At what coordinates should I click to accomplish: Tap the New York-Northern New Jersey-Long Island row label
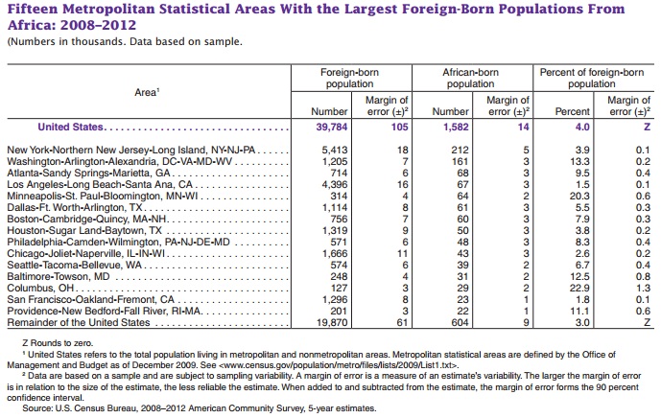pyautogui.click(x=134, y=151)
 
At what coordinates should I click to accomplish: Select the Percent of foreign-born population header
pyautogui.click(x=592, y=78)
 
